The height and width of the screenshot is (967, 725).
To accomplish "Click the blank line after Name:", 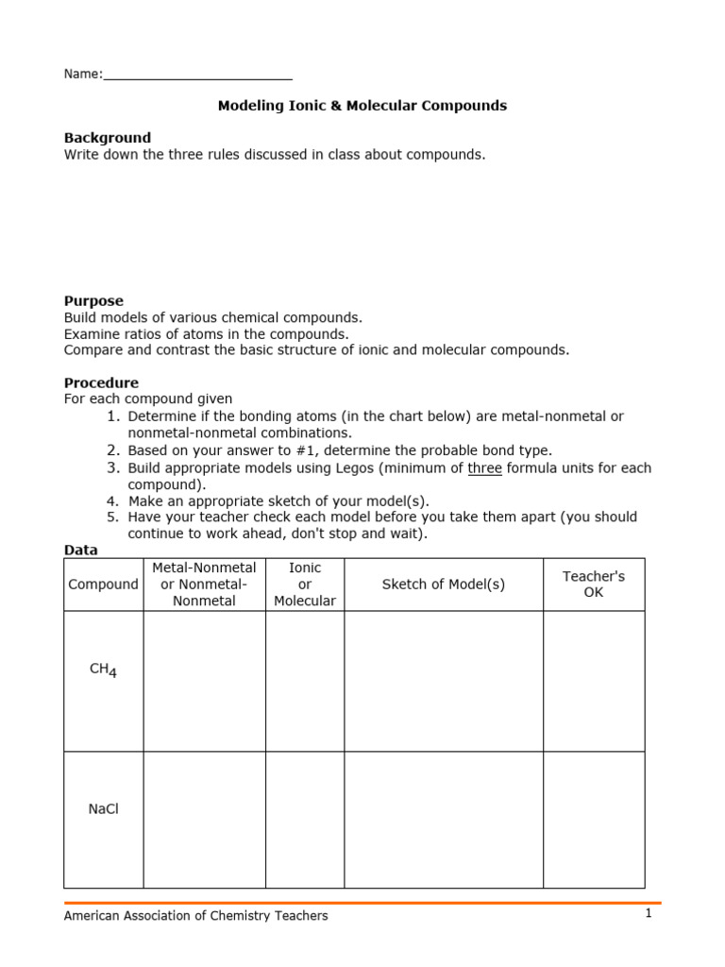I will (x=197, y=75).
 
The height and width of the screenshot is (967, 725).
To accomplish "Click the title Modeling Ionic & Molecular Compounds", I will (x=362, y=106).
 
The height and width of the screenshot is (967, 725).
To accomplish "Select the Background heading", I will (x=107, y=138).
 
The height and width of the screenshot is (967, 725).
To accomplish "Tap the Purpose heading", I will (x=93, y=301).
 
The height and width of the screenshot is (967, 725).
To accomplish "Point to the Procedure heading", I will (x=101, y=382).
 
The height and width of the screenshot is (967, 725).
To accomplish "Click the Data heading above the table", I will (x=80, y=550).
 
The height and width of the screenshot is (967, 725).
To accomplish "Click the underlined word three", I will (x=484, y=468).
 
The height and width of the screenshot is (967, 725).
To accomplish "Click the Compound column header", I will (x=103, y=585).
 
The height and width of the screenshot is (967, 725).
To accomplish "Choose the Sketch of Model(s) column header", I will (x=443, y=585).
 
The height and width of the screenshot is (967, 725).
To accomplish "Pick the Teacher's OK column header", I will (x=593, y=585).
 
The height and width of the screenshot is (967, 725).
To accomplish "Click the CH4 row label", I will (x=103, y=670).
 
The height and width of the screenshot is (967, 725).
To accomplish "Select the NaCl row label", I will (x=103, y=809).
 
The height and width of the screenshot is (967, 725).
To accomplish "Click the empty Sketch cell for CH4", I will (x=443, y=681).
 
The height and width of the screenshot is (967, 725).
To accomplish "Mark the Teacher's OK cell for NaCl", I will (x=593, y=820).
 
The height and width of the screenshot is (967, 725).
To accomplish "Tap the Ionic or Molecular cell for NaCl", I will (x=304, y=820).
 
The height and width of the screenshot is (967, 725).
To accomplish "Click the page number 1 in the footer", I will (x=649, y=914).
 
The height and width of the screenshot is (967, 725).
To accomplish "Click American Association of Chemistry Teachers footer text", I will (x=195, y=916).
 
